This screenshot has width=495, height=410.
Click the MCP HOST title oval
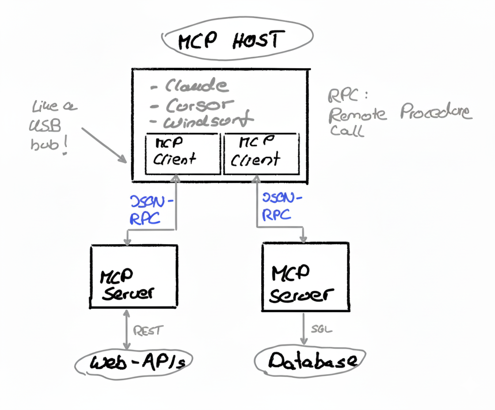(237, 41)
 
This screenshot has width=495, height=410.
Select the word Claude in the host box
(197, 86)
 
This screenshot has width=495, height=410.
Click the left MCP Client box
(183, 153)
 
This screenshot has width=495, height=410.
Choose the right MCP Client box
(262, 153)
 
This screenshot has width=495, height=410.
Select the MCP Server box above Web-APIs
(133, 277)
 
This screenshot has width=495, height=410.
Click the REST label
(148, 330)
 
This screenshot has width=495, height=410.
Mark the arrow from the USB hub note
(103, 144)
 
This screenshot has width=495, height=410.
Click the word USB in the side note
(46, 127)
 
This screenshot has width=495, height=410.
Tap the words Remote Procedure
(400, 114)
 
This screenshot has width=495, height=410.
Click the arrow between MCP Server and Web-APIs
(127, 330)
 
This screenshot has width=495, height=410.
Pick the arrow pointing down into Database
(304, 329)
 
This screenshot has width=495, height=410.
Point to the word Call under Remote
(346, 131)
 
